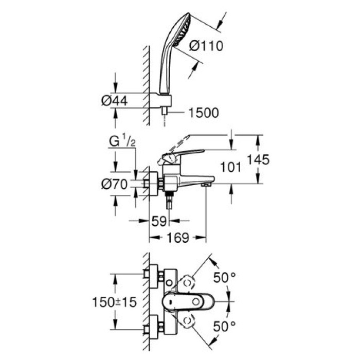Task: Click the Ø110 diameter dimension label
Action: point(206,47)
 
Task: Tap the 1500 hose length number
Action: point(203,113)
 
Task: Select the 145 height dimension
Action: point(257,160)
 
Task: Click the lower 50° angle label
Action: point(225,326)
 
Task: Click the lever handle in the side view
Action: point(183,154)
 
